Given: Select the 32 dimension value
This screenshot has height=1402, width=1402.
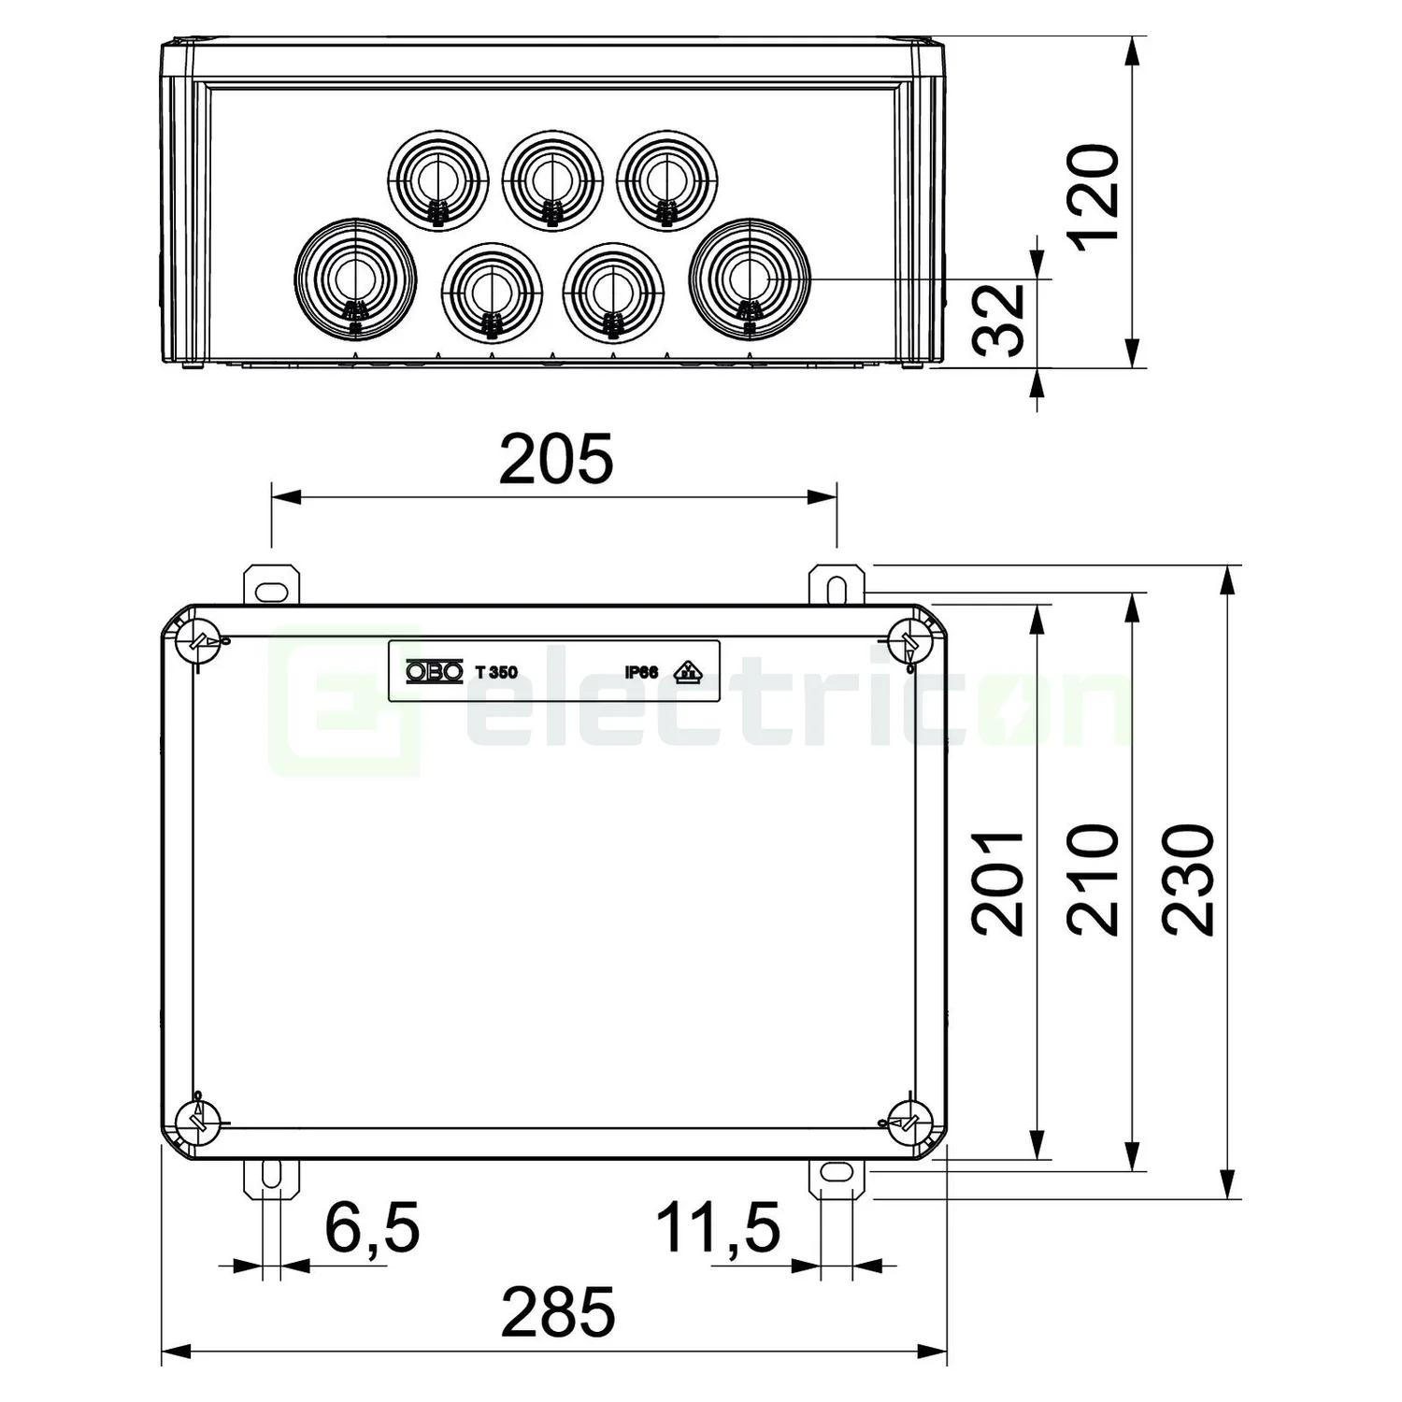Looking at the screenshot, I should coord(1000,320).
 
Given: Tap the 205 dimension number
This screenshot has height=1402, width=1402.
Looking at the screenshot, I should coord(556,460).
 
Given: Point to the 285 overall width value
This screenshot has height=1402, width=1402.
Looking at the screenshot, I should coord(558,1312).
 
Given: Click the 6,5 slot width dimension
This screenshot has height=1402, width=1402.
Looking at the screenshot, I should coord(372,1227).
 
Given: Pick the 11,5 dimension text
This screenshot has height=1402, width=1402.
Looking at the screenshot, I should coord(718,1227).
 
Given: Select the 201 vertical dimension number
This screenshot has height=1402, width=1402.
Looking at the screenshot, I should coord(999,882).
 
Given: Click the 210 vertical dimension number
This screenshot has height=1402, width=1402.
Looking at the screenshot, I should coord(1094,880).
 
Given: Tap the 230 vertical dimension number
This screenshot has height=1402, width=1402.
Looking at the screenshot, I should coord(1188,880).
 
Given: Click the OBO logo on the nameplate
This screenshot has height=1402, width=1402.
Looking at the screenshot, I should coord(434,671).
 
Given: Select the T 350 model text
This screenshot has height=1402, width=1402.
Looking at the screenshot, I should coord(496,672).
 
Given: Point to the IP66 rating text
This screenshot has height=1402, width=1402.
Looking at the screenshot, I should coord(641,672).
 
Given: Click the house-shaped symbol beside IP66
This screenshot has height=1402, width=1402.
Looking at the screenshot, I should coord(688,670).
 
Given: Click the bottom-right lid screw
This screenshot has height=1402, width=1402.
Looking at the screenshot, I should coord(908,1119).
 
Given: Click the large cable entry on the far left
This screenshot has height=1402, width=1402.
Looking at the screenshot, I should coord(354,277).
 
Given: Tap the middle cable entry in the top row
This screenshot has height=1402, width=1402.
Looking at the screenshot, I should coord(552,179).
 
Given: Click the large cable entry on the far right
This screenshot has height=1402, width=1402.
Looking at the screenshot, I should coord(749,277).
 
